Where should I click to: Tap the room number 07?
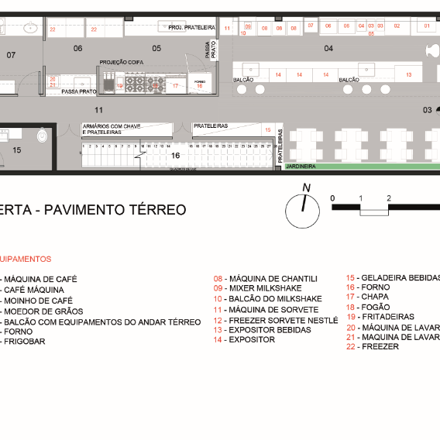(x=11, y=55)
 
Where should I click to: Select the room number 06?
(x=77, y=48)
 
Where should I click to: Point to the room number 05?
(x=156, y=48)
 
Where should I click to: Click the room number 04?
(x=328, y=48)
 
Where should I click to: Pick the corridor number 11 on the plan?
(x=98, y=109)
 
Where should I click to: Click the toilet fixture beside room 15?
(x=43, y=136)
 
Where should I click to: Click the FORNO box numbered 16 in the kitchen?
(x=199, y=84)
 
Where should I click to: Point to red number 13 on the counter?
(x=408, y=74)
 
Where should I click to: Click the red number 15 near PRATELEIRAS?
(x=267, y=130)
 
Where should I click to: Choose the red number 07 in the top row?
(x=310, y=26)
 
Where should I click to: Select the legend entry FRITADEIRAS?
(x=383, y=318)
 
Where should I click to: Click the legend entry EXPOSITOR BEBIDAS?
(x=270, y=330)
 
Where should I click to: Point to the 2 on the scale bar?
(x=388, y=198)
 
